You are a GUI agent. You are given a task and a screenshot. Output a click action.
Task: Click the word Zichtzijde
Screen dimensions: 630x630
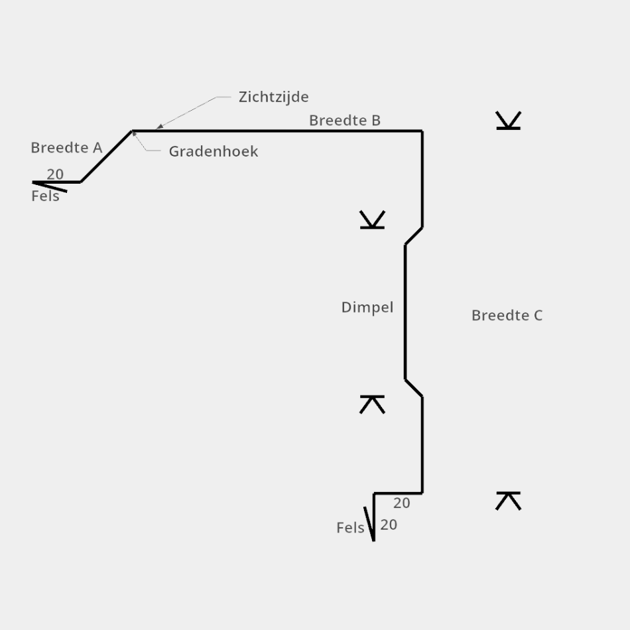tap(273, 97)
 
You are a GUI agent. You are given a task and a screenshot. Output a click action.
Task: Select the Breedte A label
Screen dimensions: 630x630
tap(66, 148)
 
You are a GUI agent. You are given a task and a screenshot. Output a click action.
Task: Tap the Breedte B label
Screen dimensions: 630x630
tap(345, 121)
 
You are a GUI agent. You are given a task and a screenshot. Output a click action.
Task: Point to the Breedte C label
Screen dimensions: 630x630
tap(507, 316)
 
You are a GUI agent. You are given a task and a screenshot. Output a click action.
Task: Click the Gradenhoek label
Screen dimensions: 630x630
tap(213, 152)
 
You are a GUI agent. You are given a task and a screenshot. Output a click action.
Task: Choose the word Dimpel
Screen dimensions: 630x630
tap(367, 308)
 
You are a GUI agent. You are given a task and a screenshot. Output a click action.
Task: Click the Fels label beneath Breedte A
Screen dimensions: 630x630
tap(45, 196)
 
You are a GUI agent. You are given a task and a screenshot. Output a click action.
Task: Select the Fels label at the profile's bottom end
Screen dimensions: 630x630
tap(350, 528)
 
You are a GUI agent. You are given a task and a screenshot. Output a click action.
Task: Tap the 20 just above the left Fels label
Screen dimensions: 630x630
tap(55, 174)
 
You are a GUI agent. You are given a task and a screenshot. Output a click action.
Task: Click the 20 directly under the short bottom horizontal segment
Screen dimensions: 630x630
tap(401, 503)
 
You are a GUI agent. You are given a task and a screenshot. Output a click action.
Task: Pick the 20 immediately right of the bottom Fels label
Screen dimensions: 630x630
tap(389, 525)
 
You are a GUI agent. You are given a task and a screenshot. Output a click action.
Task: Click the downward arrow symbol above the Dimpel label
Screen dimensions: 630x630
tap(372, 220)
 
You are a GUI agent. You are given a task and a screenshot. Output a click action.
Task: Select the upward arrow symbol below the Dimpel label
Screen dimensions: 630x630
tap(372, 404)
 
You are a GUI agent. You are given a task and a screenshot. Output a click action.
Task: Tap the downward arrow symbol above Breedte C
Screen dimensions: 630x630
tap(508, 120)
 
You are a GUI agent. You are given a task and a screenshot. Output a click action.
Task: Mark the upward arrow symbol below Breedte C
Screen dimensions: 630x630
tap(508, 501)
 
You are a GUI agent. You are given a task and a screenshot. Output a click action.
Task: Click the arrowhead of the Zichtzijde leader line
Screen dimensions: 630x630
tap(159, 126)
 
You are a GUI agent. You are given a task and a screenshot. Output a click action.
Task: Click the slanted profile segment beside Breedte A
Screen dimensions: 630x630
tap(106, 157)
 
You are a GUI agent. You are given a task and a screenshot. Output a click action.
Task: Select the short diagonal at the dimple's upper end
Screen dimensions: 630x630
tap(414, 236)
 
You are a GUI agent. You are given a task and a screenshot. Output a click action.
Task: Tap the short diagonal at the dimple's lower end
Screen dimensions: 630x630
tap(414, 388)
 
